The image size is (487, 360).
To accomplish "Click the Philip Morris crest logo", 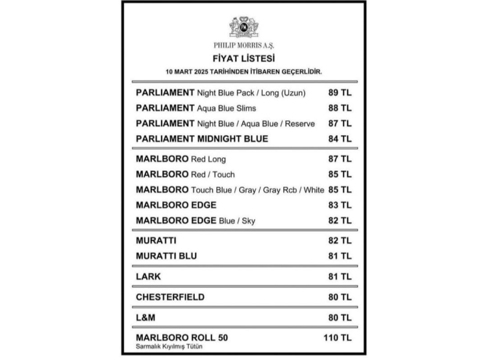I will click(243, 27).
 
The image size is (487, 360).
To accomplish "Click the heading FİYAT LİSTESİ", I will click(243, 58).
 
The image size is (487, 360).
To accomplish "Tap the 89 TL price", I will click(340, 92).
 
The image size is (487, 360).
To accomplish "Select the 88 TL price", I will click(340, 108).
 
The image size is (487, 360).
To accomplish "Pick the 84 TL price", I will click(340, 138).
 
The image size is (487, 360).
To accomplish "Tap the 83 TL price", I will click(340, 205).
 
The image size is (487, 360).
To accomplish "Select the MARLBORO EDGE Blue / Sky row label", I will click(195, 221).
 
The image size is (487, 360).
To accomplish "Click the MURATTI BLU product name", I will click(166, 256).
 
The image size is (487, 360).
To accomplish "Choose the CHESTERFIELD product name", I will click(170, 297).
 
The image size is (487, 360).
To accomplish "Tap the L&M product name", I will click(146, 318).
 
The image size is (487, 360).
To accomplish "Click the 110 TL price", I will click(337, 338).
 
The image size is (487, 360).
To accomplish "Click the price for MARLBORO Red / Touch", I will click(340, 174).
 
